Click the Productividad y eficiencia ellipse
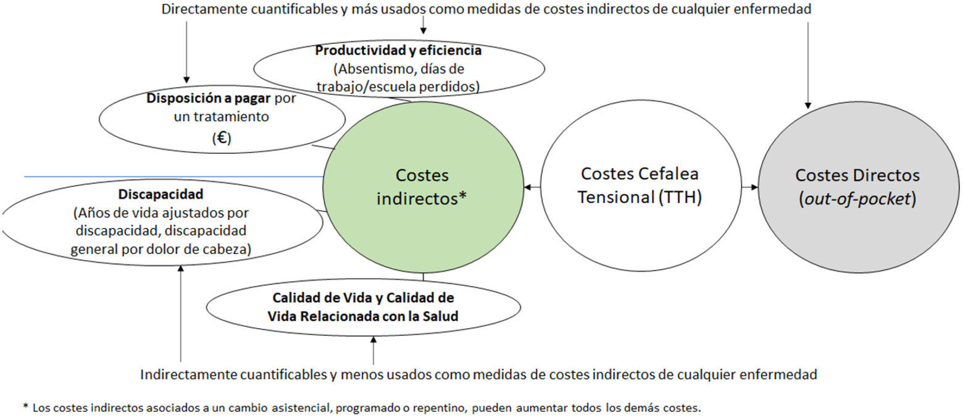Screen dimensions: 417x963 [x=399, y=69]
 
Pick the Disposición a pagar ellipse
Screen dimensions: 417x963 [x=222, y=117]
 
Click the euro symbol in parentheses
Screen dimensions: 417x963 [x=221, y=138]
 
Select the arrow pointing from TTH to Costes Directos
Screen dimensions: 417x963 [x=749, y=187]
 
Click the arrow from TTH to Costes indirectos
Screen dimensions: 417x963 [x=532, y=187]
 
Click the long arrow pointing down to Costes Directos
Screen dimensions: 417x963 [x=808, y=62]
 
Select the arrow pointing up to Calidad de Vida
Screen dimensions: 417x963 [x=373, y=350]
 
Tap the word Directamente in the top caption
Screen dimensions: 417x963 [x=197, y=9]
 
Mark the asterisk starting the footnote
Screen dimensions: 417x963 [x=25, y=406]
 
